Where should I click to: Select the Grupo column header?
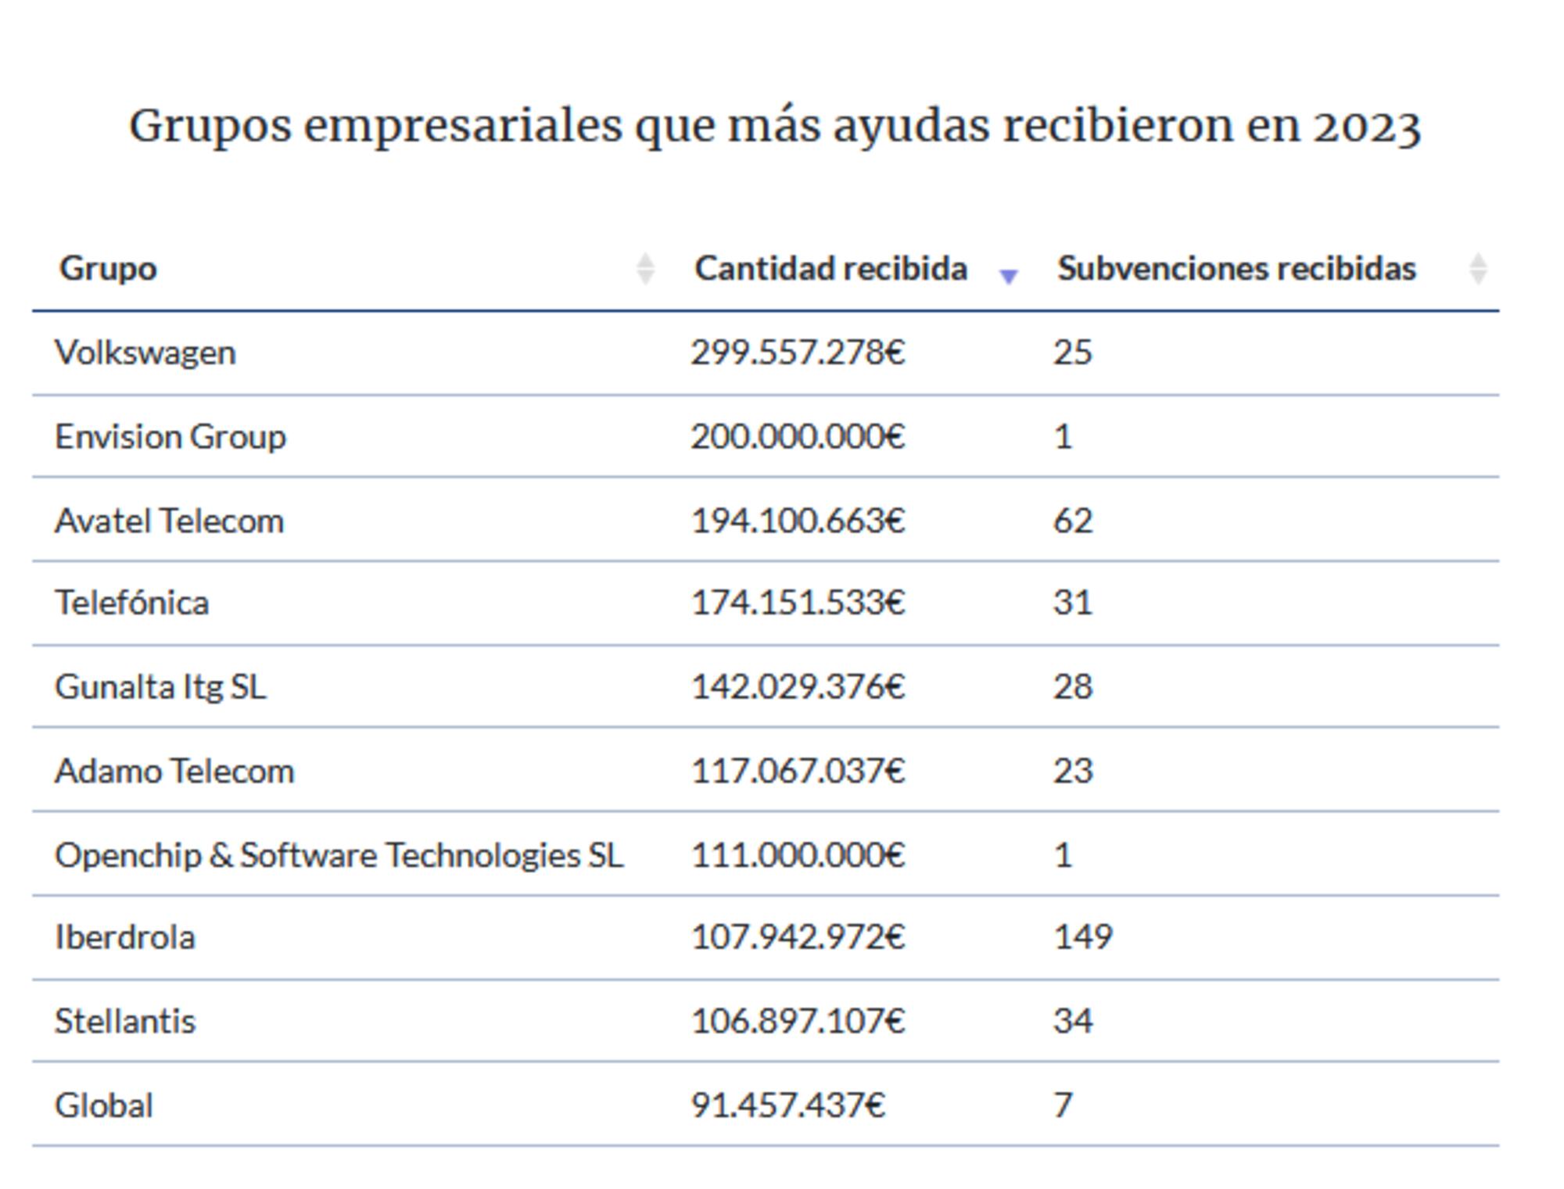click(x=108, y=268)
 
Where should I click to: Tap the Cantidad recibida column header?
click(x=830, y=268)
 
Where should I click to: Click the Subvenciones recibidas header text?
click(x=1236, y=268)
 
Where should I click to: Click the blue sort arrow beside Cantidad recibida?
click(x=1009, y=275)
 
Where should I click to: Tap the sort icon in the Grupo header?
click(x=645, y=269)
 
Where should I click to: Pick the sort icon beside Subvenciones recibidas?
click(x=1477, y=269)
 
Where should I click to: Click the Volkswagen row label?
click(x=145, y=353)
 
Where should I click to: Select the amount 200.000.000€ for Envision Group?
click(x=798, y=436)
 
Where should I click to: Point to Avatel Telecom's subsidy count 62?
click(x=1072, y=521)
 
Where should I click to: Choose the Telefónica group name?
click(x=132, y=603)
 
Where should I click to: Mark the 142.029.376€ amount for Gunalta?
click(x=798, y=687)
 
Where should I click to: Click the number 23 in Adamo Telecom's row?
click(x=1072, y=771)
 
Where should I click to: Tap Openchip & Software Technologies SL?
click(x=339, y=855)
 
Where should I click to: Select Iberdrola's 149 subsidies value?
click(x=1082, y=937)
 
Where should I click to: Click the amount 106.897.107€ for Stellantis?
click(x=798, y=1021)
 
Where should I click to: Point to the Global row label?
click(x=104, y=1105)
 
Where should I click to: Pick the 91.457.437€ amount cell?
click(x=787, y=1105)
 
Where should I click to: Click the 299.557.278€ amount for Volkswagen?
click(x=798, y=353)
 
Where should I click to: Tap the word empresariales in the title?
click(x=463, y=126)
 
